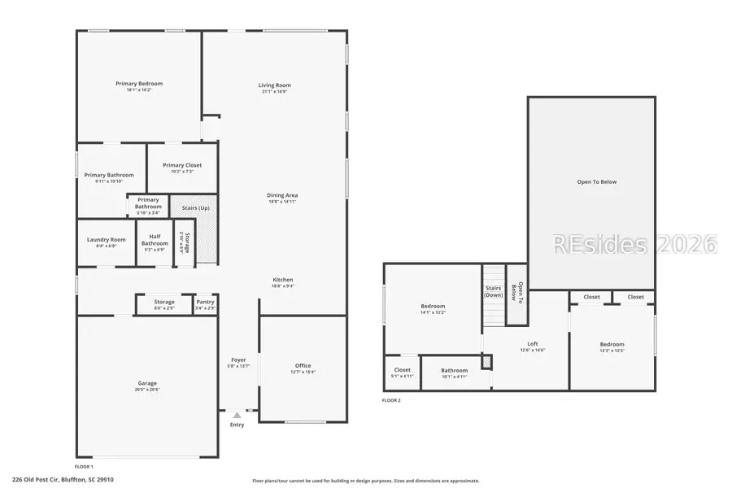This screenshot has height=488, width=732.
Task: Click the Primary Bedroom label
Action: tap(139, 84)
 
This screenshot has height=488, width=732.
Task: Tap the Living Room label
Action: tap(275, 85)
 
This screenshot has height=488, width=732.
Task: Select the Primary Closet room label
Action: tap(182, 165)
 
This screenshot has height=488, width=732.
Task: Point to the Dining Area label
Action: tap(282, 195)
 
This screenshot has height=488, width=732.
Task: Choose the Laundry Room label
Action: tap(107, 240)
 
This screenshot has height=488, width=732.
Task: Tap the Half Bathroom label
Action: tap(155, 241)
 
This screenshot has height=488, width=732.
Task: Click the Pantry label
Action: tap(205, 302)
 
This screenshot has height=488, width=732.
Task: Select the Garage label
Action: tap(147, 383)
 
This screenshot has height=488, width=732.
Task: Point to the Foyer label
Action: tap(238, 359)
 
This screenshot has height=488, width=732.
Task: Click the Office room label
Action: tap(303, 366)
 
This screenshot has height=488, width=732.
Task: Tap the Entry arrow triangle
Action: tap(237, 415)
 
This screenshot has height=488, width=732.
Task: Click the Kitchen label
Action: tap(283, 280)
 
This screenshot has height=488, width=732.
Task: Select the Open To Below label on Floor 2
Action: tap(597, 181)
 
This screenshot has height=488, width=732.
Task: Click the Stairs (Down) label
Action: tap(494, 292)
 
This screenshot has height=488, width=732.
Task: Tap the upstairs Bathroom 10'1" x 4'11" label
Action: tap(455, 371)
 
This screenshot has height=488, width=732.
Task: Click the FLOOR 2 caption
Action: tap(392, 400)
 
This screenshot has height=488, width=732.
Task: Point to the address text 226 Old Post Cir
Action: tap(63, 480)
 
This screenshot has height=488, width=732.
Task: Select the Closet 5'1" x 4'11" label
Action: tap(403, 370)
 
